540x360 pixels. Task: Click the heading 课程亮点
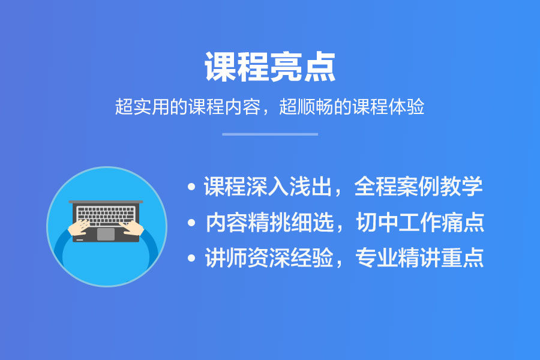point(270,67)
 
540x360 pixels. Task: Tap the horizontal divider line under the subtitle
point(270,134)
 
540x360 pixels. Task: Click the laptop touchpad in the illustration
point(106,234)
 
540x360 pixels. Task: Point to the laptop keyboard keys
point(106,216)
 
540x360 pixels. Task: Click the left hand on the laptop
point(79,227)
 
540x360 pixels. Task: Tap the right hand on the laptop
point(132,228)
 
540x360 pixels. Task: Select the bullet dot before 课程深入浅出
point(191,187)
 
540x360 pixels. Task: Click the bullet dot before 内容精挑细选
point(191,223)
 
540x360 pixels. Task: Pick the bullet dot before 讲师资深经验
point(191,258)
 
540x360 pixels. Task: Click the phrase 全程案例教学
point(418,187)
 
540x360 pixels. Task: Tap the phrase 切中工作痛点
point(420,222)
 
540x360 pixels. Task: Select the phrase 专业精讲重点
point(419,257)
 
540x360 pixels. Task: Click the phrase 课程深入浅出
point(268,187)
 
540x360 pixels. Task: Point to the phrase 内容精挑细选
point(269,222)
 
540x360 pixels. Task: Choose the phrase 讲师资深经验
point(269,257)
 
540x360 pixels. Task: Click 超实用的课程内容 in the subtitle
point(188,106)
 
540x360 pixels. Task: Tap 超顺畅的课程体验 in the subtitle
point(352,106)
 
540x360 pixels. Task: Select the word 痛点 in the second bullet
point(463,222)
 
